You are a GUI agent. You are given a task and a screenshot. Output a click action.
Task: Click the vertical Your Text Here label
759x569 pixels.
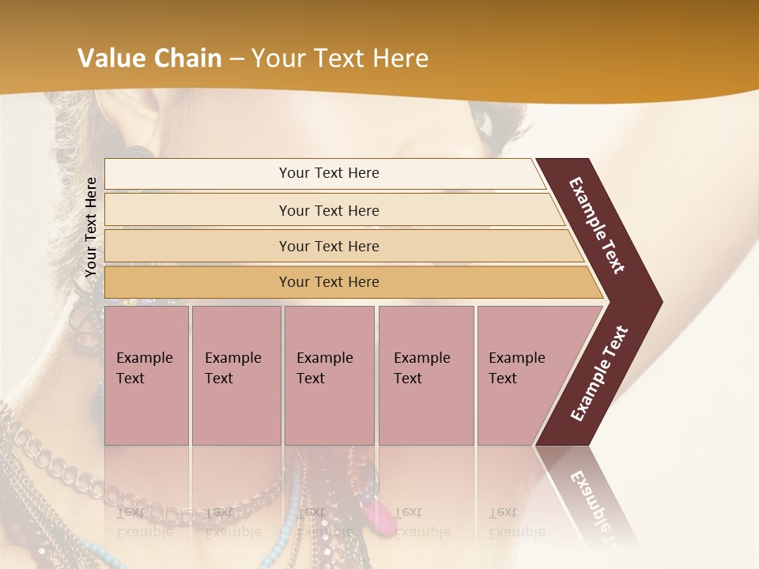(x=91, y=227)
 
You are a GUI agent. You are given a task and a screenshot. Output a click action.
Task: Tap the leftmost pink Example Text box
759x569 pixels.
(x=146, y=375)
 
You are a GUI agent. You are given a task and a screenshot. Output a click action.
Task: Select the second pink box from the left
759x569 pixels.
(x=236, y=375)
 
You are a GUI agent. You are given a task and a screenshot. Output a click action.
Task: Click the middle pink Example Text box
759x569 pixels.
(x=329, y=375)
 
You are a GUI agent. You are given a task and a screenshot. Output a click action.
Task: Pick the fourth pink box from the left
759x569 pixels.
(x=425, y=375)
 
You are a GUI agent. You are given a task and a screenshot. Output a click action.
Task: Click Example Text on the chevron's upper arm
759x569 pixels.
(x=598, y=225)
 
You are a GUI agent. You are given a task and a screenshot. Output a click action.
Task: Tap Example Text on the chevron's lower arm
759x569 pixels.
(x=599, y=373)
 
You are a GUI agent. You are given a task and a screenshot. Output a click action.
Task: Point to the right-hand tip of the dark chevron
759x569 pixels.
(x=660, y=302)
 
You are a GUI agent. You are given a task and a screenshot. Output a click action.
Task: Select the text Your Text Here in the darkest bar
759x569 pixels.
(x=329, y=282)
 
